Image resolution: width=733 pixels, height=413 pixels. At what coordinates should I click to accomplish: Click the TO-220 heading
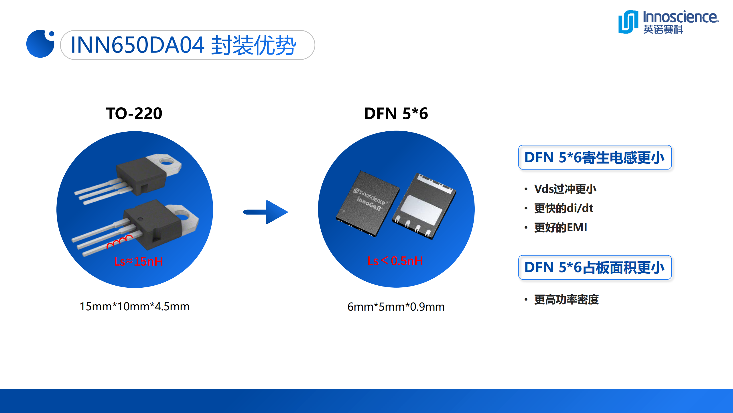[x=134, y=113]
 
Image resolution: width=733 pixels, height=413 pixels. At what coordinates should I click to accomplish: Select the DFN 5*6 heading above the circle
[x=396, y=113]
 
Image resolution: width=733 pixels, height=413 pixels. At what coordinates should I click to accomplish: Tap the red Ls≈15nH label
[x=139, y=261]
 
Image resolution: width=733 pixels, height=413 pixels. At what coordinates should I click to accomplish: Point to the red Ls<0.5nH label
[x=395, y=261]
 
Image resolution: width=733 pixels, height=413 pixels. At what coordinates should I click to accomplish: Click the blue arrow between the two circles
[x=265, y=212]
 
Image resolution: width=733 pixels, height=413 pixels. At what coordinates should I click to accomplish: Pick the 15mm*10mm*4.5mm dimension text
[x=135, y=307]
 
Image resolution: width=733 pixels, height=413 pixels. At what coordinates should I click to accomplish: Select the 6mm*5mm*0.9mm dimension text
[x=396, y=307]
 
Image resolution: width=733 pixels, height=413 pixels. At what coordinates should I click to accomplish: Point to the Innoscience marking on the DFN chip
[x=370, y=197]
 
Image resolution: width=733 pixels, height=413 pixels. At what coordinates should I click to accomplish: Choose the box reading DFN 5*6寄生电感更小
[x=595, y=157]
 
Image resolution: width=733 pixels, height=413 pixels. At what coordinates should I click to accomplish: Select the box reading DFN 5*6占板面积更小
[x=595, y=267]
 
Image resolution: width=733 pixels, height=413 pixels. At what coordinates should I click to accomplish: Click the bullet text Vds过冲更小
[x=565, y=189]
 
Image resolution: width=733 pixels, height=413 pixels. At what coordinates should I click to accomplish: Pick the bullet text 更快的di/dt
[x=564, y=208]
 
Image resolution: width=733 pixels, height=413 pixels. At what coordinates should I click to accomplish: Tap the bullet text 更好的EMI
[x=561, y=227]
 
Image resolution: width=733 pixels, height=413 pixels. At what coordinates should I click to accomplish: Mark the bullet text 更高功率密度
[x=566, y=300]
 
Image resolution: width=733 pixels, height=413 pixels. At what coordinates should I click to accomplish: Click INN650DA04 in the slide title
[x=137, y=45]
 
